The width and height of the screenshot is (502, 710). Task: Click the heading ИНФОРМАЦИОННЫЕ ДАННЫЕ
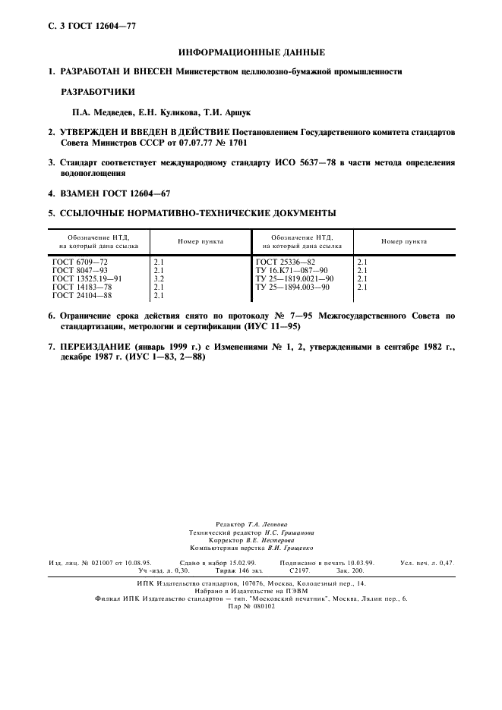click(251, 52)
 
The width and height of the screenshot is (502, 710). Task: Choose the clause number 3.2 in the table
click(159, 278)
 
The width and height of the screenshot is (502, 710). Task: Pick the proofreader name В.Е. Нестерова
click(265, 539)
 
